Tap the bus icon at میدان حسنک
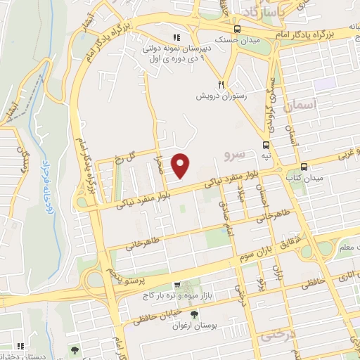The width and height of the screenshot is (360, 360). coord(237,30)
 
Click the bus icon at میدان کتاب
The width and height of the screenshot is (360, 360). coord(304,167)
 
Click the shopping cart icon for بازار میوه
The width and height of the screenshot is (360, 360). coord(177,285)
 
